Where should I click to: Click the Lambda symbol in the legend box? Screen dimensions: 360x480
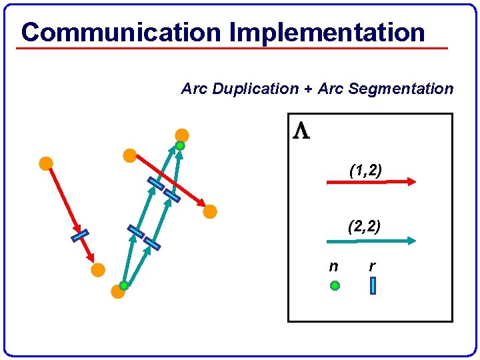(x=301, y=131)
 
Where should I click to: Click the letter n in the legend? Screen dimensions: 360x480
(x=333, y=267)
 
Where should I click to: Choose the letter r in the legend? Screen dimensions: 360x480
(x=372, y=267)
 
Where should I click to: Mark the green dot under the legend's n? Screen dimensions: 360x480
(x=335, y=285)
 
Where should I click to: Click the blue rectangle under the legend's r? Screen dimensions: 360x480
(x=373, y=285)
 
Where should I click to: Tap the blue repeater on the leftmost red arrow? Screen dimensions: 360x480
(x=80, y=235)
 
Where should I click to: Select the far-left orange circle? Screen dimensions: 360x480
(x=45, y=163)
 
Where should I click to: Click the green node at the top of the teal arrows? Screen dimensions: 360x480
(x=180, y=145)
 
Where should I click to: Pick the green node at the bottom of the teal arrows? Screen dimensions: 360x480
(x=124, y=285)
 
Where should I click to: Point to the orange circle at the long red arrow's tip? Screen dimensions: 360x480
(x=210, y=212)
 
